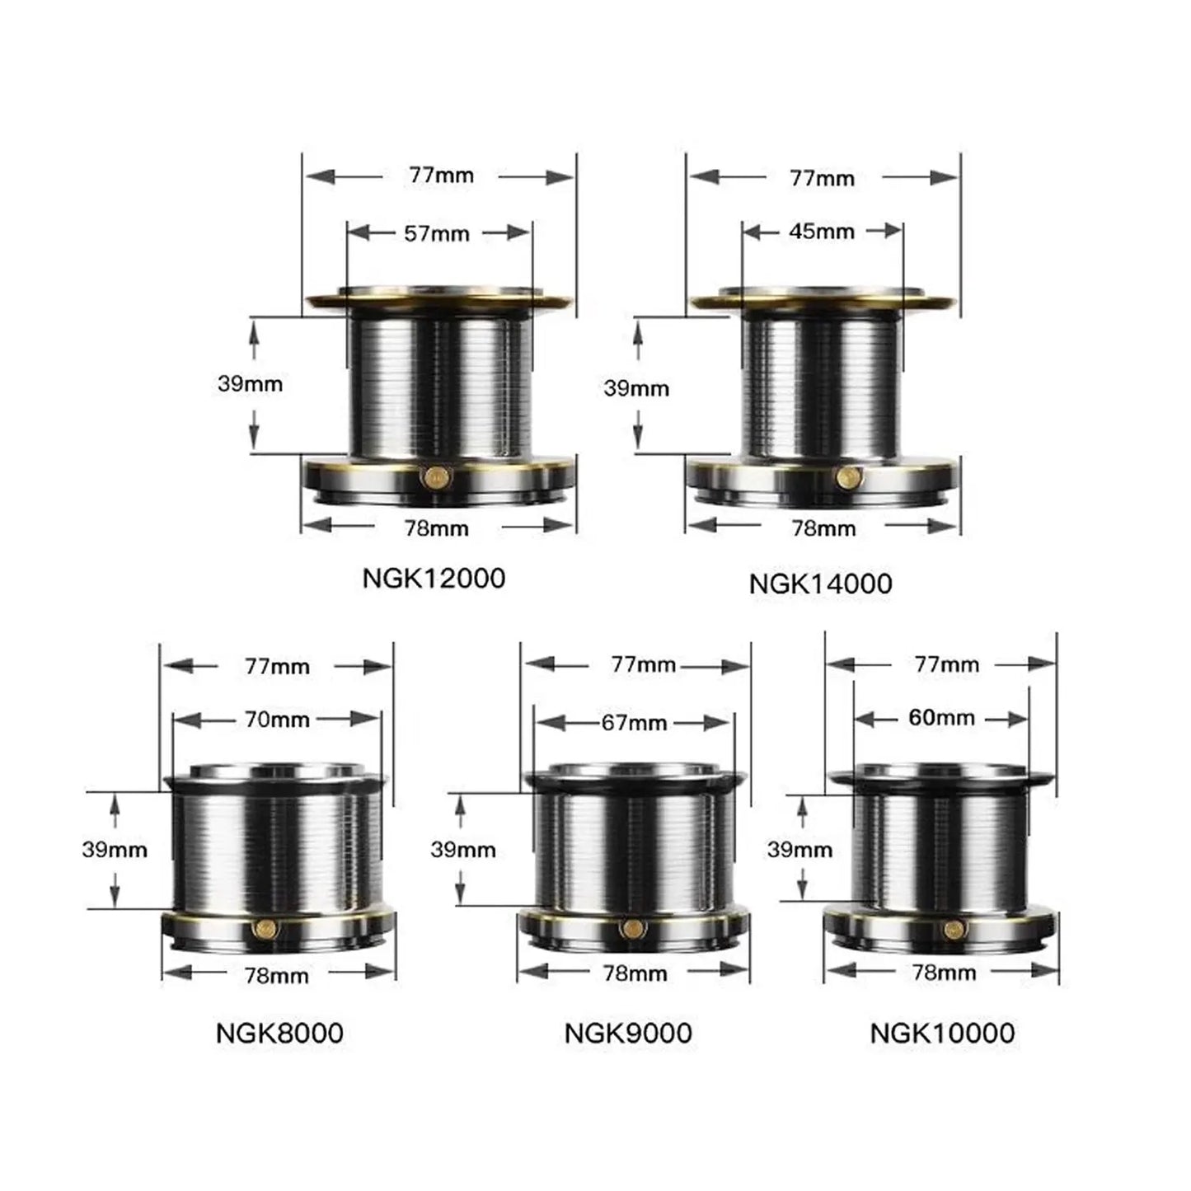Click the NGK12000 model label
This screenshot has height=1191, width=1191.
point(434,578)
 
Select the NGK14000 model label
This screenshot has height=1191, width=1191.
point(820,584)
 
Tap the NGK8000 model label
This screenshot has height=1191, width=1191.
point(279,1033)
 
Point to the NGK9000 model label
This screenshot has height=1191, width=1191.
point(628,1033)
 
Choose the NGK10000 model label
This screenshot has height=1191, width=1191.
point(942,1033)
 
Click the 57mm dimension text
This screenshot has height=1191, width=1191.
point(436,234)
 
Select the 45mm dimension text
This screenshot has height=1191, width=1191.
point(821,232)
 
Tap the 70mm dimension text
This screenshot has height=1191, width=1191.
point(277,720)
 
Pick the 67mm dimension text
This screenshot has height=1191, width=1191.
point(634,723)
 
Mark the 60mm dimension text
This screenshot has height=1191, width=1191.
point(941,718)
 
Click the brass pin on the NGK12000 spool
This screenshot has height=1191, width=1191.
point(434,476)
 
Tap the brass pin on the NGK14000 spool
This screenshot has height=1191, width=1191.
point(846,476)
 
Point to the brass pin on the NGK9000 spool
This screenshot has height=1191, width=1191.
point(631,928)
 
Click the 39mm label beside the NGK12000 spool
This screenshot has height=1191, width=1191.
point(250,384)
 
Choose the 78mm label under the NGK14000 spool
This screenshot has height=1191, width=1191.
point(823,528)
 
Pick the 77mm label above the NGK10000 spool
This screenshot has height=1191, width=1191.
point(946,664)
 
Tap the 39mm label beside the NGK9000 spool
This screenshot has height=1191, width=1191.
point(462,850)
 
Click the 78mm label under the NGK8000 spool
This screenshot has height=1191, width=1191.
point(277,976)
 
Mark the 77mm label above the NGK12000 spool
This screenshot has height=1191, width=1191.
point(441,176)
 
